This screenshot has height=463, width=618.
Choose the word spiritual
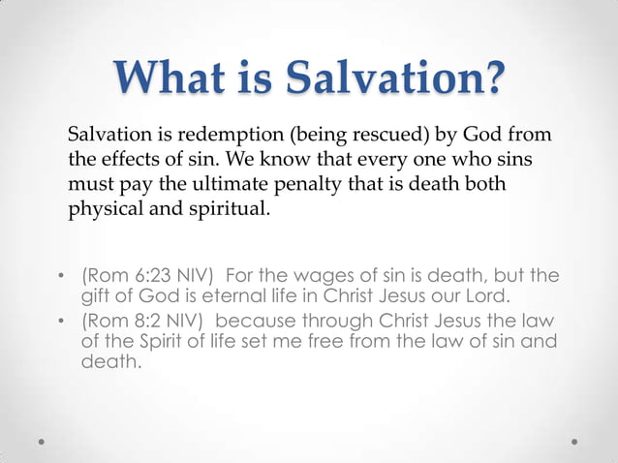pos(219,208)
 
